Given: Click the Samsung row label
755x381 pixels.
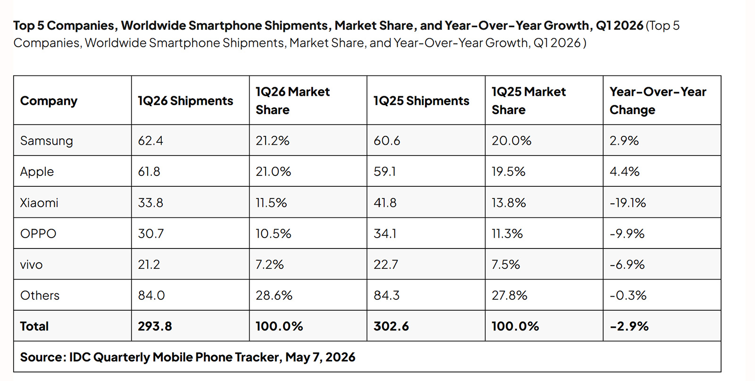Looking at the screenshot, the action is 47,141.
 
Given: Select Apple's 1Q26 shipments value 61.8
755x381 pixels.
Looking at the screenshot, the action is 149,172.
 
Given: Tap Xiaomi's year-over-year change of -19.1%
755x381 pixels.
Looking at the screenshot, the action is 628,203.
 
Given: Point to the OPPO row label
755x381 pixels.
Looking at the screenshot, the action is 38,233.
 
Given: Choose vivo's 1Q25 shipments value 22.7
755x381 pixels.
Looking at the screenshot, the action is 386,265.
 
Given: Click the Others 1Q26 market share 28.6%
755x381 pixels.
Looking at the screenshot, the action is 274,296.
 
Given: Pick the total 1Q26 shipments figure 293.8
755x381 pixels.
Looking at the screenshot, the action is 155,326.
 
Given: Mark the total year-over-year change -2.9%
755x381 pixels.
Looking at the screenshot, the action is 629,326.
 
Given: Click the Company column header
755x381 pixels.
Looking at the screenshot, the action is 49,101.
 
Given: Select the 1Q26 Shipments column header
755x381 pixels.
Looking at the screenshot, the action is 185,101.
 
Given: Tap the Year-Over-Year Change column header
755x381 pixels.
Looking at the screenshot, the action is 658,101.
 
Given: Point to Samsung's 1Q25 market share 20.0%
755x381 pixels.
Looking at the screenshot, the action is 512,141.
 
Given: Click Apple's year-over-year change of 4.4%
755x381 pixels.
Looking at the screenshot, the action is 624,172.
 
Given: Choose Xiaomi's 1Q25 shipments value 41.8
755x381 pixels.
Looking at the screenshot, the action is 385,203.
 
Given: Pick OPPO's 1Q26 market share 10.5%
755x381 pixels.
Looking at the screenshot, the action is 273,233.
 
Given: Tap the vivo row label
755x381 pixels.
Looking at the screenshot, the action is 31,265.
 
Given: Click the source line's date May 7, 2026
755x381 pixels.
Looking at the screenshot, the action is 320,357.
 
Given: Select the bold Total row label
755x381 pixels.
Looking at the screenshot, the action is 34,326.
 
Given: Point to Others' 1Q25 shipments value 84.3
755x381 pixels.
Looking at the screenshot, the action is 386,296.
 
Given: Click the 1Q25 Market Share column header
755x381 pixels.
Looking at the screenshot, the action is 528,101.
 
